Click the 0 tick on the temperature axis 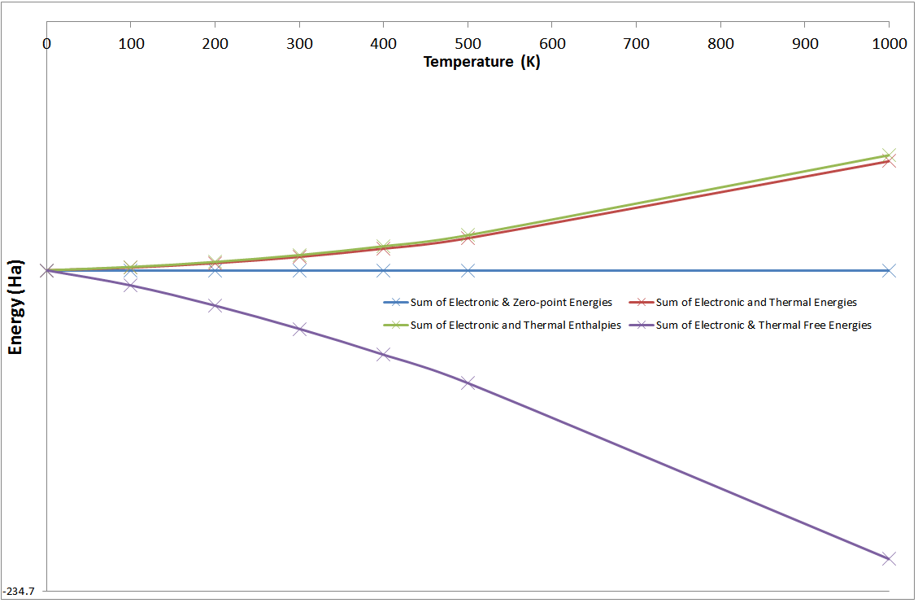47,43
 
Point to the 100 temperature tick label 131,43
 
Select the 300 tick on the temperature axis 299,43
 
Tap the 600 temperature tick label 552,43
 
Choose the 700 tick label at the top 637,43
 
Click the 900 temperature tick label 805,43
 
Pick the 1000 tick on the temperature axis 889,43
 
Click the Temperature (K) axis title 481,62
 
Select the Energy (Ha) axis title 15,312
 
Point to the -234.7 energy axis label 20,591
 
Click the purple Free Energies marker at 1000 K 889,558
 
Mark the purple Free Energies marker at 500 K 468,382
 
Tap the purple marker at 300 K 299,329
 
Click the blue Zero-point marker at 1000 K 889,270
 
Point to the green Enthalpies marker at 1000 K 889,154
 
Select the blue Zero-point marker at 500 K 468,270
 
